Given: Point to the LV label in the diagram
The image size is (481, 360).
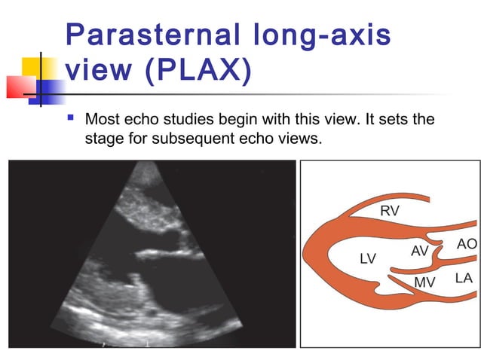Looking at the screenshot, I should [367, 259].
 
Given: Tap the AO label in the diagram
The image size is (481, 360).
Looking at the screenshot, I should [467, 244].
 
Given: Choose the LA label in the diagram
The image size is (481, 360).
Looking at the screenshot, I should [463, 278].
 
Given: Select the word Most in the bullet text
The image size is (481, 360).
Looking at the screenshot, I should [103, 120].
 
